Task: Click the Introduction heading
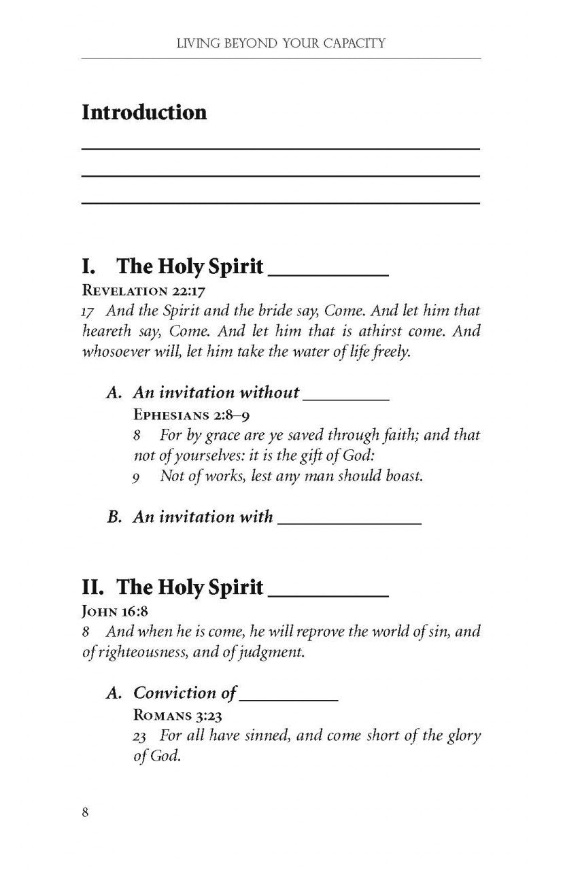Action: (144, 112)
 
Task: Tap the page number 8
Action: (86, 814)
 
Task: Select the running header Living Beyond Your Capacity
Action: (281, 44)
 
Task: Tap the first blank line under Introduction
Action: (281, 147)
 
